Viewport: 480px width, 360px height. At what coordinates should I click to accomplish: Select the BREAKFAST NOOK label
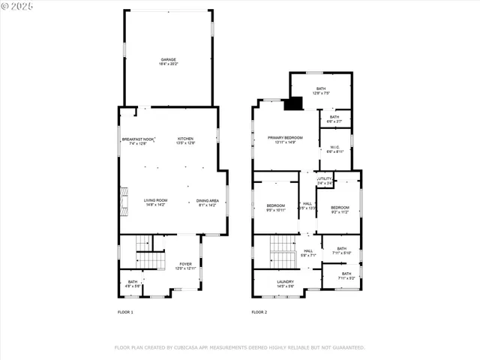[138, 140]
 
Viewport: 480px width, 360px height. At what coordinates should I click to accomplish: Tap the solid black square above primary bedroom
[292, 104]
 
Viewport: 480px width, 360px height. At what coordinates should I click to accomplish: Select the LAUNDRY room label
[285, 283]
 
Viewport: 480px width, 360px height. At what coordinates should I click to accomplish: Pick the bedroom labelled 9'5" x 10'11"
[276, 208]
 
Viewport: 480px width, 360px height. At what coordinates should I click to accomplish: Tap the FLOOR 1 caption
[125, 312]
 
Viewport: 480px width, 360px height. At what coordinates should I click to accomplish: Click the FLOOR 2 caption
[259, 312]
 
